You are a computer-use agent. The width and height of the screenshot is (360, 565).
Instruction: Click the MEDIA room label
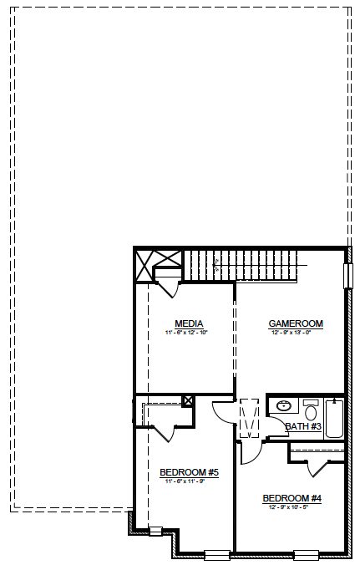click(190, 323)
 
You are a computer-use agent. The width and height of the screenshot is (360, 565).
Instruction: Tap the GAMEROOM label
click(295, 323)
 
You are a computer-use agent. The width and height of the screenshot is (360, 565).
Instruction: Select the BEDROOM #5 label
click(189, 473)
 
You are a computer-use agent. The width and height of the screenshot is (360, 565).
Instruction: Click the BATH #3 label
click(303, 427)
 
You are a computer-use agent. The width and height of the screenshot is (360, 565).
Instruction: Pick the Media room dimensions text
click(190, 333)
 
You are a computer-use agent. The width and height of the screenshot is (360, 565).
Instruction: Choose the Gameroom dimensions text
click(296, 333)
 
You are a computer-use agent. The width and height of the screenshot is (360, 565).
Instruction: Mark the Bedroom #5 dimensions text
click(189, 482)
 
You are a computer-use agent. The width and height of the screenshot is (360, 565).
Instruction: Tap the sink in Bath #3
click(282, 406)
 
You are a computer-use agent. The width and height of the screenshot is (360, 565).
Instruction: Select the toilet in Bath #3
click(311, 410)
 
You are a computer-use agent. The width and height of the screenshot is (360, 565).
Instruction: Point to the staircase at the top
click(242, 265)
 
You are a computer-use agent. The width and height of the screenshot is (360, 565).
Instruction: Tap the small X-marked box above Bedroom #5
click(188, 400)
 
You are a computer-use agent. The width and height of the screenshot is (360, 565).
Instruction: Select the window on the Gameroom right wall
click(347, 276)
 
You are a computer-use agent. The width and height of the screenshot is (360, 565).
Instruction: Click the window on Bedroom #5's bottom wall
click(216, 553)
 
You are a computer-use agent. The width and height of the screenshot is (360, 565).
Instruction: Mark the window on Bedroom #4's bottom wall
click(305, 553)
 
